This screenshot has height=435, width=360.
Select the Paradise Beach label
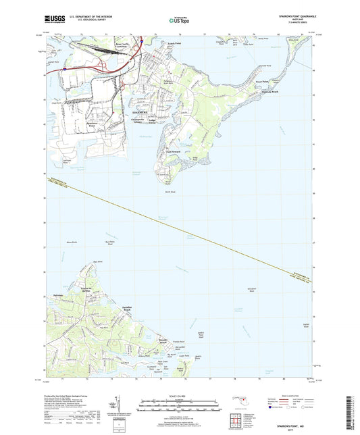(x=123, y=310)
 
